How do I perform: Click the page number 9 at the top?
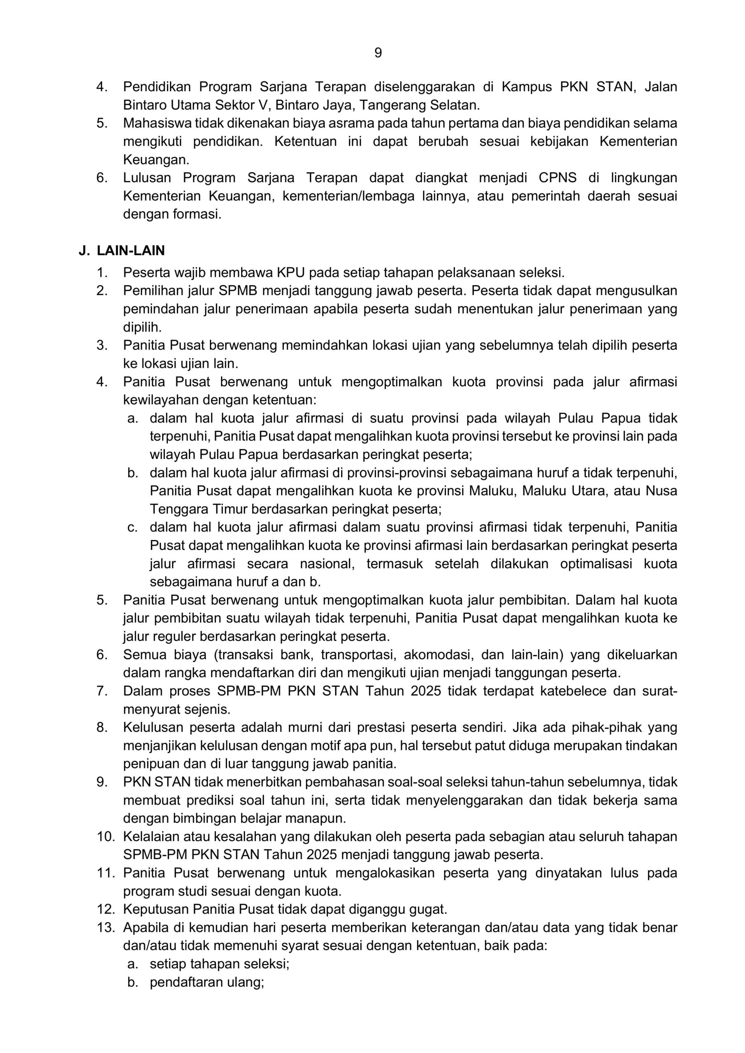378,53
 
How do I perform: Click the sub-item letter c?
132,527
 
